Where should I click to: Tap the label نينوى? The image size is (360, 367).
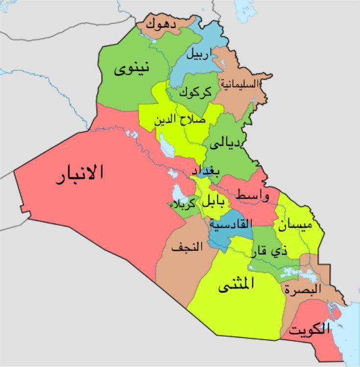(132, 69)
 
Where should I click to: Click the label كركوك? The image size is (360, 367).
(195, 92)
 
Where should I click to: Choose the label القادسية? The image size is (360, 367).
(231, 223)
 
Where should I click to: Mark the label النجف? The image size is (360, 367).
(187, 247)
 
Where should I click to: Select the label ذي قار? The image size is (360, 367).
(269, 251)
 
